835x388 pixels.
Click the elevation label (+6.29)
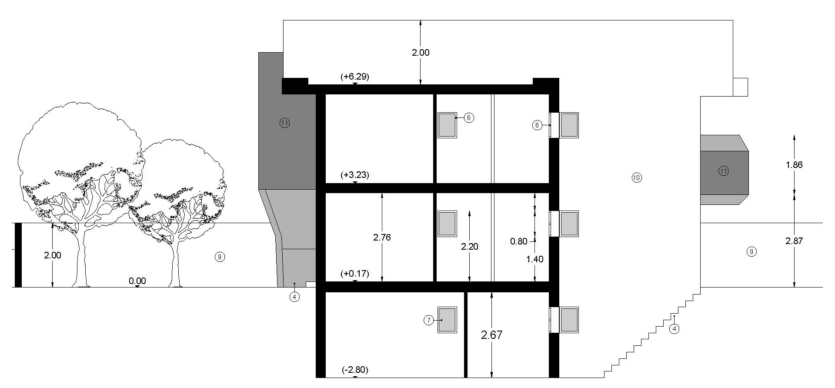tap(355, 77)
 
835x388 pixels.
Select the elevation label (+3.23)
tap(355, 175)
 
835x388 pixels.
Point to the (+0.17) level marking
tap(355, 274)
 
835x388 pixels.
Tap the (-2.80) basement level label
tap(355, 370)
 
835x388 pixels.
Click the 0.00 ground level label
tap(137, 281)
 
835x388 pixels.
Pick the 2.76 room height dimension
tap(382, 237)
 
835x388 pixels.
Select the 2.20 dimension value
tap(470, 247)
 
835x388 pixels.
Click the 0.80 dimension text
tap(519, 241)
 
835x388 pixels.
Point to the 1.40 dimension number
tap(535, 259)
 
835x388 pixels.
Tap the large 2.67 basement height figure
tap(492, 335)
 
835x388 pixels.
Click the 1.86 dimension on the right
tap(794, 165)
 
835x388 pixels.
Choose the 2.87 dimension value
tap(794, 241)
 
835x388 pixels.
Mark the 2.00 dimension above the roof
tap(421, 53)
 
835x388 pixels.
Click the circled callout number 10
tap(637, 177)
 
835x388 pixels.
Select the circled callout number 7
tap(429, 321)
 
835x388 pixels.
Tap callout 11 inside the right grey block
tap(724, 171)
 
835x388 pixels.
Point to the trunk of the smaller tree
tap(176, 265)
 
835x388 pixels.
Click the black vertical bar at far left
tap(18, 255)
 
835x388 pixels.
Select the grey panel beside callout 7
tap(447, 320)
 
